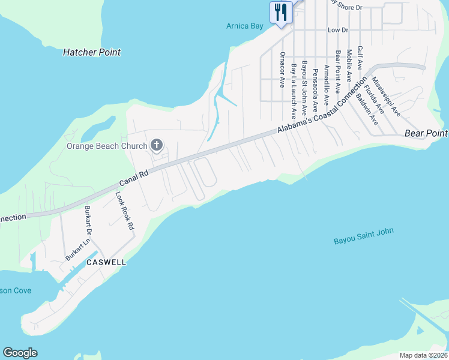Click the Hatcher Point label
(x=92, y=52)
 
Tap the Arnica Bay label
(x=245, y=26)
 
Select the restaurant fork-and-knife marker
(x=281, y=12)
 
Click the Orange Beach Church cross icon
(x=157, y=145)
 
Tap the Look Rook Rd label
(x=124, y=211)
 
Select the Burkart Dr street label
(x=89, y=220)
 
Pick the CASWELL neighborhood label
(x=106, y=263)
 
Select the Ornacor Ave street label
(x=282, y=70)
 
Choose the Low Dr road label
(x=338, y=29)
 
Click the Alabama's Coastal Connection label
(x=321, y=107)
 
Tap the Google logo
(x=20, y=353)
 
